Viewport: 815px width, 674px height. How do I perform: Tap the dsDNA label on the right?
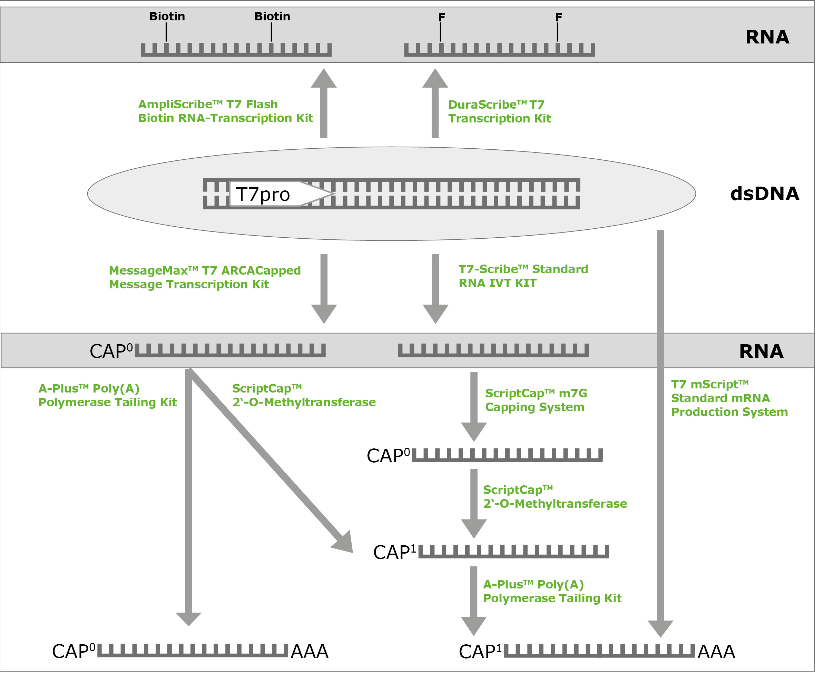click(x=764, y=194)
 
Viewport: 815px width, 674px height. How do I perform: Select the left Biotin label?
click(x=167, y=16)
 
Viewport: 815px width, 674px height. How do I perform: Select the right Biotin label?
click(x=272, y=16)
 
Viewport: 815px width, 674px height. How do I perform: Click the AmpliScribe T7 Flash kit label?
click(x=225, y=111)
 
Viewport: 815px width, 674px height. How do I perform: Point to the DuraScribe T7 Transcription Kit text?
click(x=500, y=111)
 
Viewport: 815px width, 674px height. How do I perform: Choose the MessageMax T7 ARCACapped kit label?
click(x=205, y=277)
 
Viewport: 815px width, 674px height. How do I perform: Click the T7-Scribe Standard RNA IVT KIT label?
click(x=523, y=276)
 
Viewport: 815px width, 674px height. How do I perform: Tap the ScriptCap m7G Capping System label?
click(x=536, y=400)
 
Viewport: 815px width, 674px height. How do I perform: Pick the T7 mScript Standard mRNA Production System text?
click(x=729, y=398)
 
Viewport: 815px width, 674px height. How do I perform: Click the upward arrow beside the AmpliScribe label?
click(x=324, y=103)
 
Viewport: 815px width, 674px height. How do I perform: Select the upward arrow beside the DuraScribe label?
click(x=435, y=103)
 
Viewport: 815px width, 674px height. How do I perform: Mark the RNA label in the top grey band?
click(x=767, y=37)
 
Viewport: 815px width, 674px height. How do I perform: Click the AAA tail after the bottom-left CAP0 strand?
click(x=309, y=651)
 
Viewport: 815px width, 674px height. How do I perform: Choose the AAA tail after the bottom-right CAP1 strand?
click(x=716, y=652)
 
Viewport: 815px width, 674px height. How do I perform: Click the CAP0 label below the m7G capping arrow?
click(x=388, y=456)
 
